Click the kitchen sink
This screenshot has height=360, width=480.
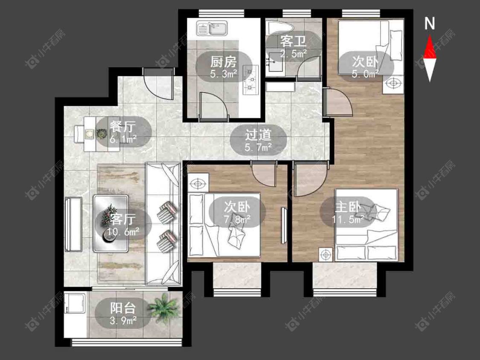[212, 28]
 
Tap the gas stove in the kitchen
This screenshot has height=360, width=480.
[250, 80]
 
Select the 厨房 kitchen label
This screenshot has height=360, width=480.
[224, 62]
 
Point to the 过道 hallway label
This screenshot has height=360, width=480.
[259, 135]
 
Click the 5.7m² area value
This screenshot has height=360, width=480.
[259, 148]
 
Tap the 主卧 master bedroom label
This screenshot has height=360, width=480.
[348, 207]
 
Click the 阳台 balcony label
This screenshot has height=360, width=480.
[123, 308]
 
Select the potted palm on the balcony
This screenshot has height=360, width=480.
[163, 308]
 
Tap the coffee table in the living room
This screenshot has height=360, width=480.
[111, 224]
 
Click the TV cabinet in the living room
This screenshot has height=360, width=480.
[73, 224]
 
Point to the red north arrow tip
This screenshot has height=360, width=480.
[430, 35]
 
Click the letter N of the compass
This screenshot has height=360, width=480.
[430, 23]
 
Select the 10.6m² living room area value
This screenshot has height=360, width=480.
[123, 232]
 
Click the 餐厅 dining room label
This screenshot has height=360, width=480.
[123, 126]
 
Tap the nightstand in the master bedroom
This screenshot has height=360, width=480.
[326, 255]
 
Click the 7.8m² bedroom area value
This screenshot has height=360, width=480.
[237, 220]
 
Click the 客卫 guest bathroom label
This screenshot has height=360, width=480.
[293, 41]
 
